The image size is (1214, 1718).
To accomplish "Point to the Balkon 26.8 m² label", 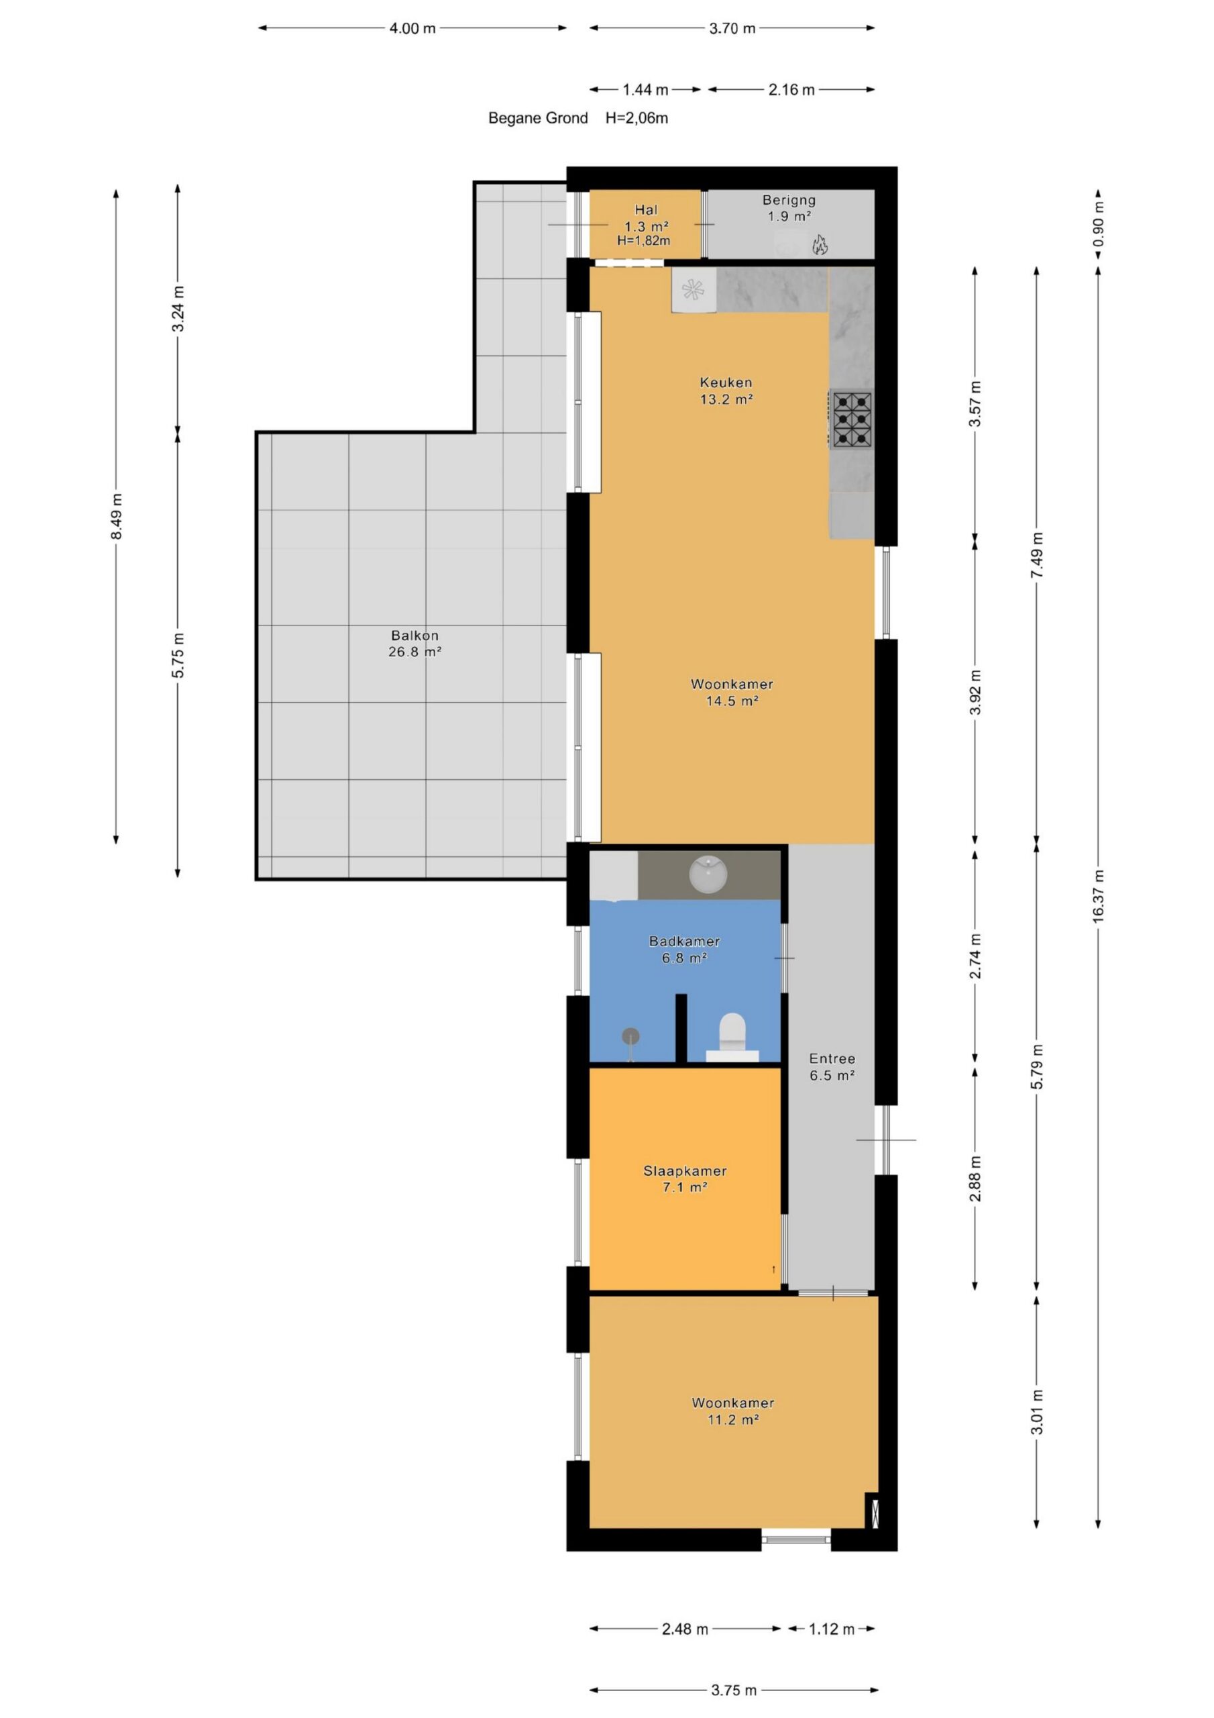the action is click(415, 644).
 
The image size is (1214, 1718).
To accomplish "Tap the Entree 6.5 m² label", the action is click(832, 1066).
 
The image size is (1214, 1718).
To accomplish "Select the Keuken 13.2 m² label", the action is click(726, 391).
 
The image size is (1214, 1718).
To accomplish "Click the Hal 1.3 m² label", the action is click(647, 217).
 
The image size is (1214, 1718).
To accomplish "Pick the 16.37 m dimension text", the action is click(1097, 896).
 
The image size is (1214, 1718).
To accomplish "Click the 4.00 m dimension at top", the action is click(412, 28).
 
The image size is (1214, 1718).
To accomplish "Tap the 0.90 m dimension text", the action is click(1097, 224).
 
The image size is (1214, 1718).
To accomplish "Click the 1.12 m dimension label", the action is click(831, 1629).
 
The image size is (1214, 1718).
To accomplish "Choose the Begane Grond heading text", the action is click(538, 117).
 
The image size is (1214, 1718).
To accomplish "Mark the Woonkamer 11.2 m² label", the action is click(732, 1411).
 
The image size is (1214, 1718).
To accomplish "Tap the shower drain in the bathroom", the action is click(630, 1036).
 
